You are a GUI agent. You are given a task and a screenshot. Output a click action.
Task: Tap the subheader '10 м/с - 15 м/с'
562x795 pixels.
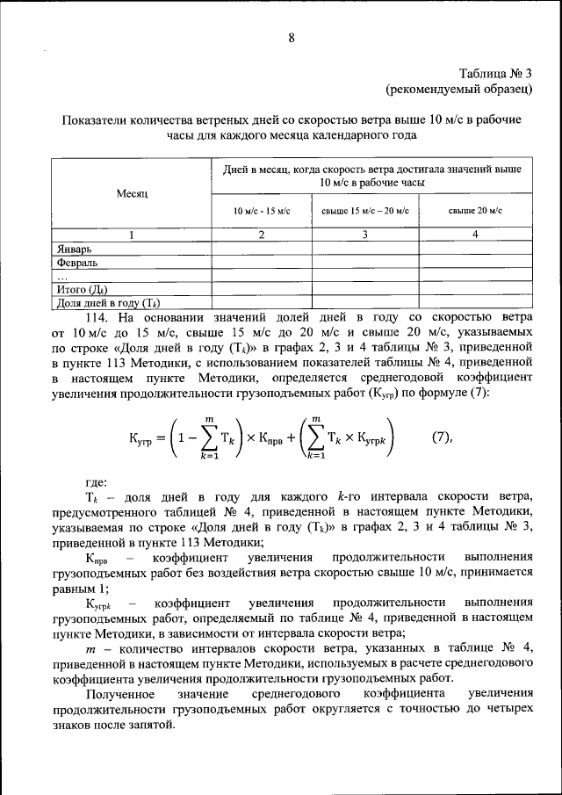click(x=261, y=211)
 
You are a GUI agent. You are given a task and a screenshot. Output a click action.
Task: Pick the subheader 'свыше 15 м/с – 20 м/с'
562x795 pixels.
click(x=365, y=211)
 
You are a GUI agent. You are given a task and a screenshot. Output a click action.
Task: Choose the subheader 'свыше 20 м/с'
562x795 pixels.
click(x=475, y=211)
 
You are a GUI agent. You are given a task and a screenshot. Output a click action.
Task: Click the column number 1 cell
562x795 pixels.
click(x=131, y=235)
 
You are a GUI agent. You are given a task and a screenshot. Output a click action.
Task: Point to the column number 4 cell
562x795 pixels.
click(x=475, y=235)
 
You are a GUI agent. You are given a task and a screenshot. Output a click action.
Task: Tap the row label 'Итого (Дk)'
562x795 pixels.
click(x=82, y=288)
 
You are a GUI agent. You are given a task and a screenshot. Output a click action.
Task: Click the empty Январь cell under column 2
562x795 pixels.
click(x=261, y=249)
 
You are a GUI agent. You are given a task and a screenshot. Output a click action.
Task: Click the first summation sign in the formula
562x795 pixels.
click(x=207, y=438)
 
